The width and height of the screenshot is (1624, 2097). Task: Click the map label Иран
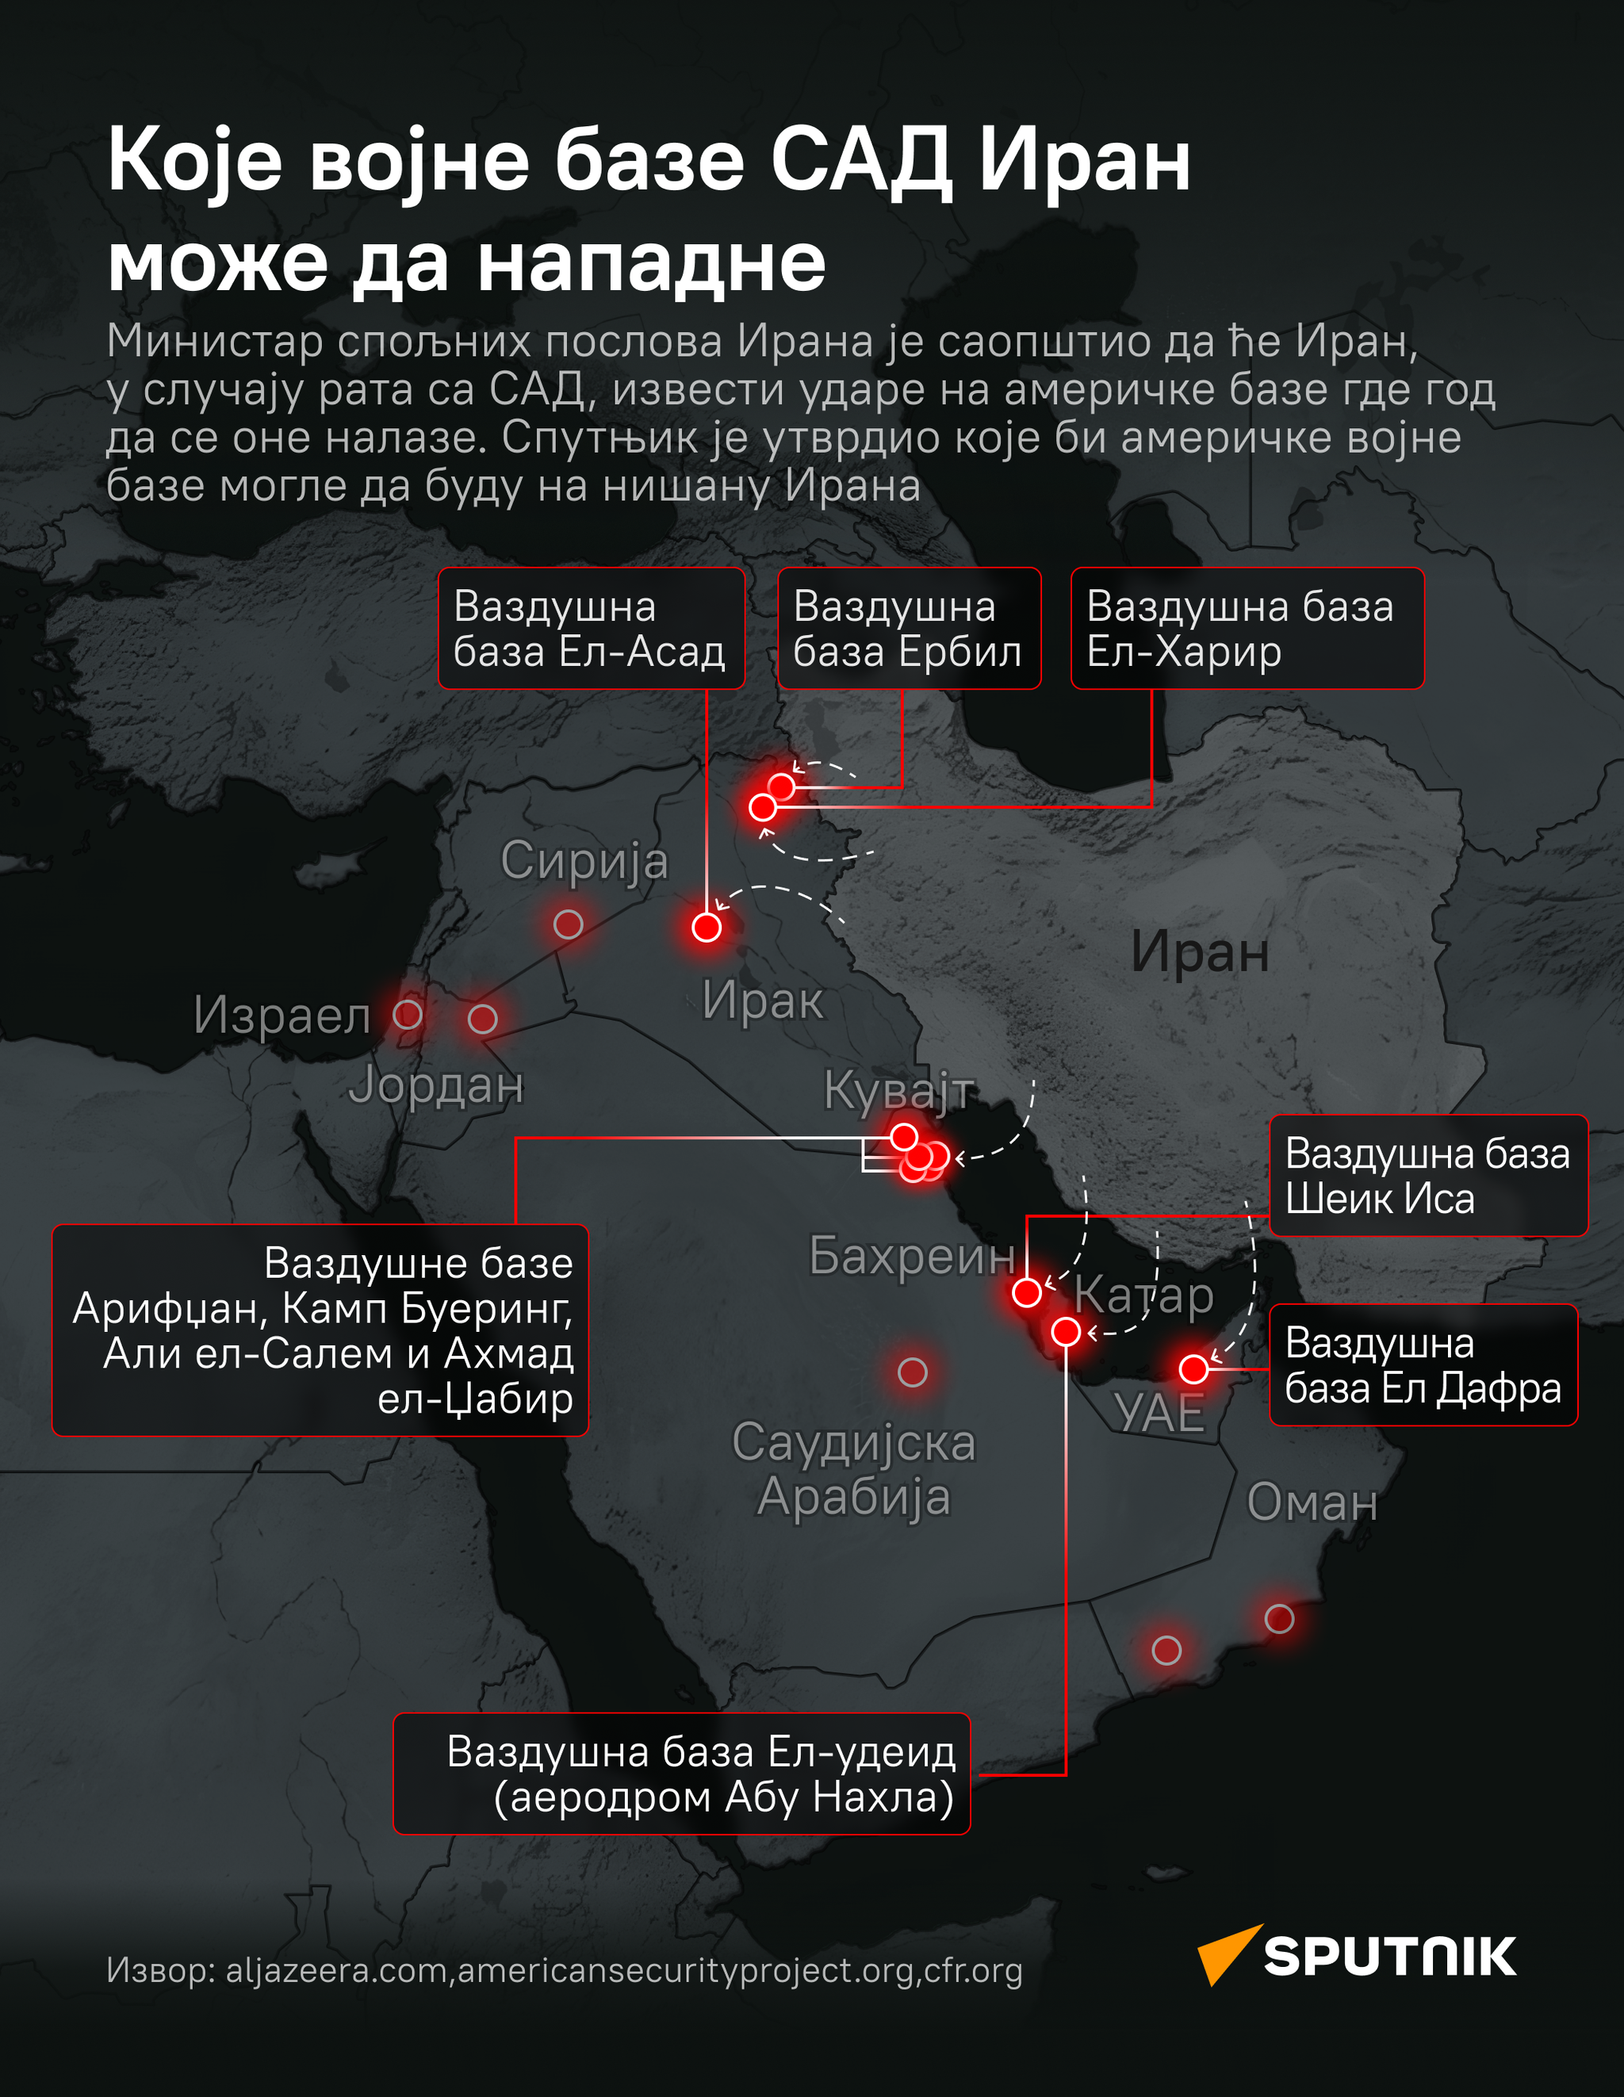click(x=1200, y=952)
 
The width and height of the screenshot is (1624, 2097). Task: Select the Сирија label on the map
click(x=584, y=860)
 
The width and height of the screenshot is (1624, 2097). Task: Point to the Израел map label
click(x=282, y=1016)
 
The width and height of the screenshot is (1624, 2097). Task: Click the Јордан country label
click(x=436, y=1086)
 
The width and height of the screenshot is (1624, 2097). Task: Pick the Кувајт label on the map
click(x=899, y=1091)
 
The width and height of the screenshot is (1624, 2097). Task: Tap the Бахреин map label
click(x=911, y=1255)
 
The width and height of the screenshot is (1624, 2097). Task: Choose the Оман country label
click(x=1312, y=1502)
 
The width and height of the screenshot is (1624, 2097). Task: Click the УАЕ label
click(x=1159, y=1414)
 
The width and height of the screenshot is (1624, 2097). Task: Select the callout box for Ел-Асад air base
click(x=591, y=629)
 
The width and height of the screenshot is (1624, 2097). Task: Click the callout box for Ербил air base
click(x=909, y=629)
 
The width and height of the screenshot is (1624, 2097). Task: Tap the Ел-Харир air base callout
click(x=1247, y=629)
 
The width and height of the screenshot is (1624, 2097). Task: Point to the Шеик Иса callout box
click(x=1428, y=1175)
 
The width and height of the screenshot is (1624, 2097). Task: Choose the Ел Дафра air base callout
click(x=1423, y=1365)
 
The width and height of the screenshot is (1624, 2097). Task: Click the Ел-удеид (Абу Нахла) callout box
click(x=681, y=1774)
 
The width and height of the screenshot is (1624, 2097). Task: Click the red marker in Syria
click(x=569, y=924)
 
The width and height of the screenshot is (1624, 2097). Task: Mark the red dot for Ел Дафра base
click(x=1193, y=1369)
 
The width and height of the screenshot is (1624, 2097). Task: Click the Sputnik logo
click(x=1356, y=1956)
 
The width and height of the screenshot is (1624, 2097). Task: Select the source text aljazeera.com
click(x=336, y=1970)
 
